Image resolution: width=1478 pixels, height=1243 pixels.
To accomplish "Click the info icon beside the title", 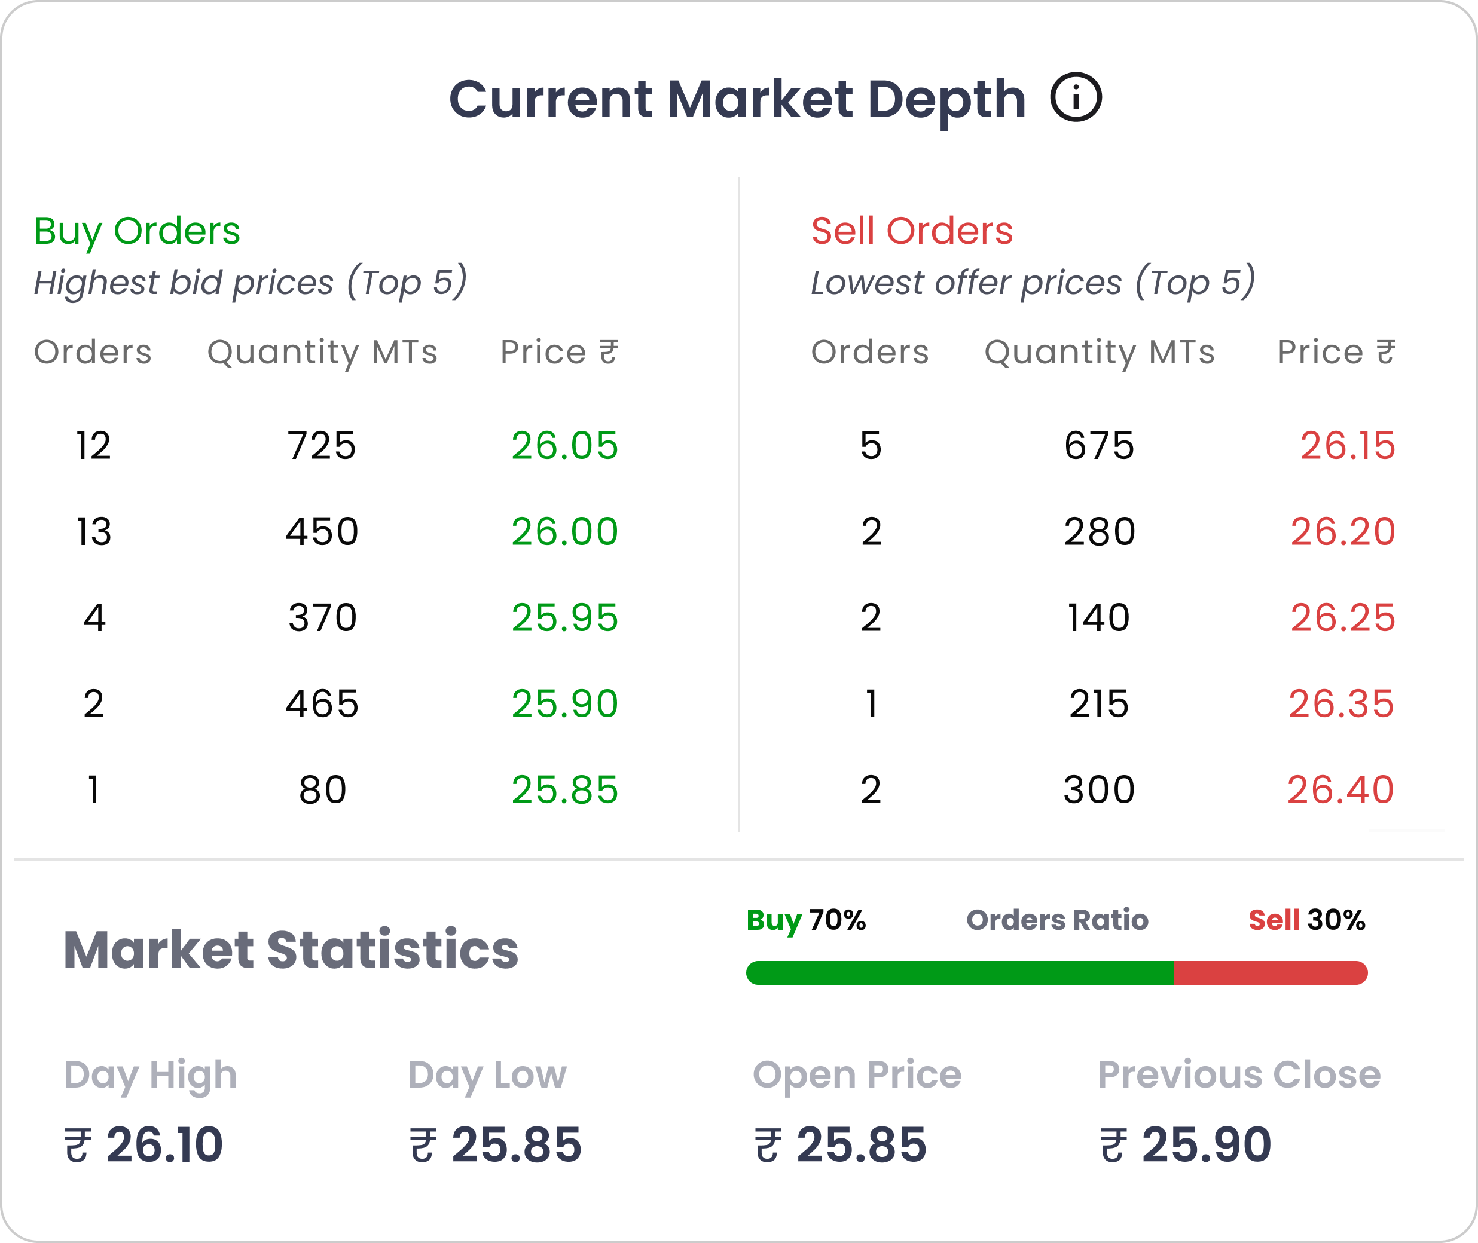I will (1076, 97).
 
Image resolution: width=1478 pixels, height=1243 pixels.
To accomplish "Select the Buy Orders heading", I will (137, 231).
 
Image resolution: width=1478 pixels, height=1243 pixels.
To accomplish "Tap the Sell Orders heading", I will (911, 231).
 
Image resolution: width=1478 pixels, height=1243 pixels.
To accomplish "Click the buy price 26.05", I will (564, 445).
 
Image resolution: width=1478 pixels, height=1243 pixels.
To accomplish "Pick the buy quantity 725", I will (322, 445).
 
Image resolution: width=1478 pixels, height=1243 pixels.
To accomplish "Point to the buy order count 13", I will (94, 531).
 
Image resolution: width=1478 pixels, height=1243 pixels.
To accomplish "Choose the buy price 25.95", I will (564, 617).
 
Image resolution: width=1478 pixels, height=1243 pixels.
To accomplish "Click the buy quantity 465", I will (322, 703).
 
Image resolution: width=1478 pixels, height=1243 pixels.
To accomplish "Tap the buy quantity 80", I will (322, 789).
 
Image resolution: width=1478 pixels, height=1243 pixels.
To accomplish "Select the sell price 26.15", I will (1347, 445).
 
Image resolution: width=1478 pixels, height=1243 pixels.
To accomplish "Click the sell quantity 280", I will (1100, 531).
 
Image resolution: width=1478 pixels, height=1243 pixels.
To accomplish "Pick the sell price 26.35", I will (1340, 703).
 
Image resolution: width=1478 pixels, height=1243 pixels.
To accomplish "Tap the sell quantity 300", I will (1099, 789).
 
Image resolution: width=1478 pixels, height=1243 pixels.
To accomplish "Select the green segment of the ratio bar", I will (958, 972).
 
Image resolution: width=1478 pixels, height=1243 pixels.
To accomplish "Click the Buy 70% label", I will (805, 920).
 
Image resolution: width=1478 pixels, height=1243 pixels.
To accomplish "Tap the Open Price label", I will (856, 1074).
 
